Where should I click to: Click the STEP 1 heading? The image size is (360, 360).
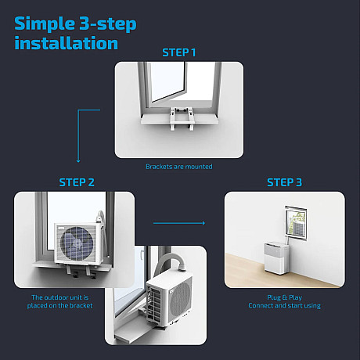point(179,52)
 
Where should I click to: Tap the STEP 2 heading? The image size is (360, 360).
point(77,182)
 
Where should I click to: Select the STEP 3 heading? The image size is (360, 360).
point(284,182)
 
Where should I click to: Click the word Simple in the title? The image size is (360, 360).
point(45,25)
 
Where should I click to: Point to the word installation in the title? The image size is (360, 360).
point(67,43)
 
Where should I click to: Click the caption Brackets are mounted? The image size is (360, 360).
point(179,167)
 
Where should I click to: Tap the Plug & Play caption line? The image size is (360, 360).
point(284,297)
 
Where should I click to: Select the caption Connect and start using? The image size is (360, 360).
point(284,305)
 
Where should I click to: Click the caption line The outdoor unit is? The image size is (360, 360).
point(60,297)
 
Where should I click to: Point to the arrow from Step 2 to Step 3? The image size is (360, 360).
point(179,223)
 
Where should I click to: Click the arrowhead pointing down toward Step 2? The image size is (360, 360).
point(78,161)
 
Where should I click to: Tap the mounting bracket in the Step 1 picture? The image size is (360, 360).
point(182,119)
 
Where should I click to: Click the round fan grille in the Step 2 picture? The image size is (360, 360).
point(77,243)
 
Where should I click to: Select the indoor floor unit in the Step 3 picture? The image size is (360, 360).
point(277,258)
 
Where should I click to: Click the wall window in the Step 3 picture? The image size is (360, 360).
point(296,223)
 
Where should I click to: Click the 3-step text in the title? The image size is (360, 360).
point(108,24)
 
